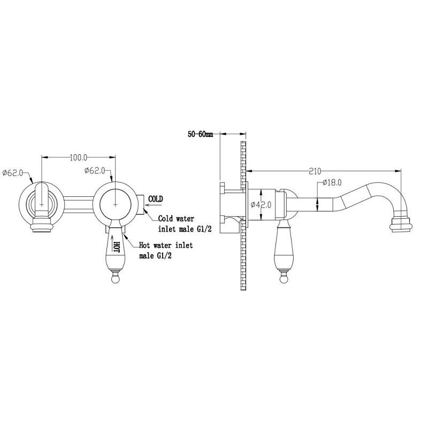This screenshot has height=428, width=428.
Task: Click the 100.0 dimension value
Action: (x=78, y=157)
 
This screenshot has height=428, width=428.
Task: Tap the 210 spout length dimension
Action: (x=315, y=171)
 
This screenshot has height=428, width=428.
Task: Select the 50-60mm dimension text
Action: (x=200, y=134)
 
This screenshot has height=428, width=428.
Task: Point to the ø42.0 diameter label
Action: (x=261, y=204)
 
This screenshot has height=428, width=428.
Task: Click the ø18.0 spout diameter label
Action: (x=332, y=182)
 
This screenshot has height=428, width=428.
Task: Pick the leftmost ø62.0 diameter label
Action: (x=12, y=173)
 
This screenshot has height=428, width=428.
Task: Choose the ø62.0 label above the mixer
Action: (x=95, y=171)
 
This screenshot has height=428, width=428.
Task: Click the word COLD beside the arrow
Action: (x=156, y=199)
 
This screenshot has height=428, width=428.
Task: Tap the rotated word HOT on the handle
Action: (x=117, y=247)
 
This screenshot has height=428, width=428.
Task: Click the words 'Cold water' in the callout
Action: (x=177, y=219)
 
